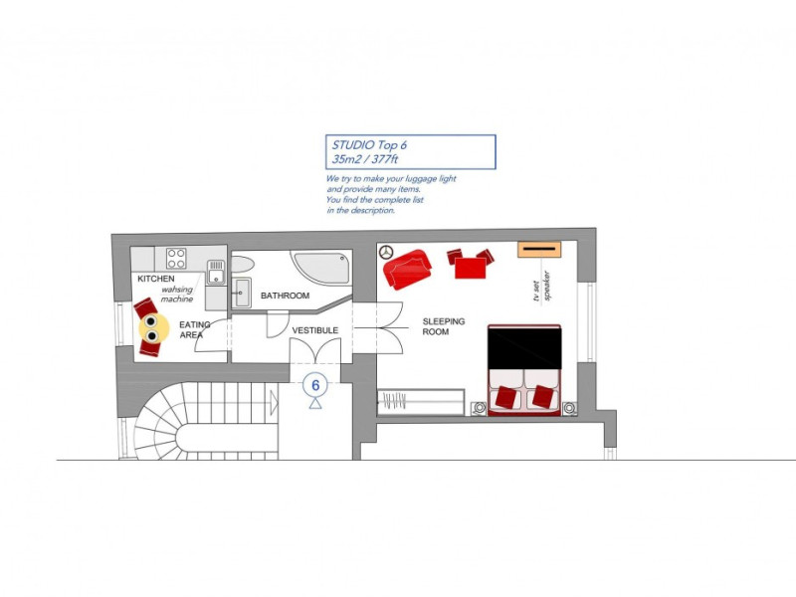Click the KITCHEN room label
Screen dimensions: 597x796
point(156,280)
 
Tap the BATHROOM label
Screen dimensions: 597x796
point(285,296)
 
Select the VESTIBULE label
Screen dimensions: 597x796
point(315,330)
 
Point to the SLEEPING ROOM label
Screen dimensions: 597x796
point(443,326)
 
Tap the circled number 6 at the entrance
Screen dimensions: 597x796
point(315,384)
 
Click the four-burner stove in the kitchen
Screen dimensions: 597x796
point(177,259)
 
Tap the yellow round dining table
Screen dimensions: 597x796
point(150,329)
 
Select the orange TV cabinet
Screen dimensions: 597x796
point(540,249)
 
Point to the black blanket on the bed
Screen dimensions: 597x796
point(524,344)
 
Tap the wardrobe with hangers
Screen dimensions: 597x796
point(420,402)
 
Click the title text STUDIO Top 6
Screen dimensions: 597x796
point(369,145)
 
